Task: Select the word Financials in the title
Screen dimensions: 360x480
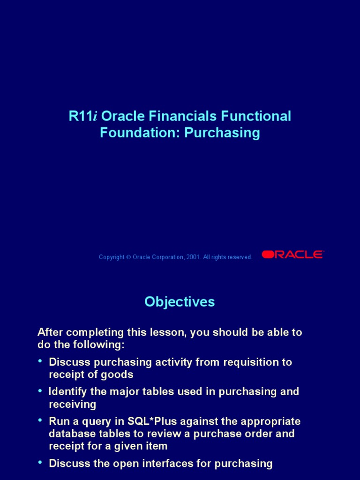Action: [183, 116]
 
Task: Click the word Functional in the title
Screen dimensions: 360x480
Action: [256, 116]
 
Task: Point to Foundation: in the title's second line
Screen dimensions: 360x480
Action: [140, 133]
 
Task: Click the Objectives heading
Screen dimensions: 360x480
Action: [180, 301]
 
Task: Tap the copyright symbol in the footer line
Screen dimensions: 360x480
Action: [128, 257]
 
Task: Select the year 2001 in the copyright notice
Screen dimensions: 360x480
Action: [193, 257]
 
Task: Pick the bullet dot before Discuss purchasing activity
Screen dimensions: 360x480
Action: [40, 361]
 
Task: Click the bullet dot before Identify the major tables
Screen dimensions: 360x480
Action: [40, 390]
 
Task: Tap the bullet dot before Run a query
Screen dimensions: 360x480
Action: [40, 420]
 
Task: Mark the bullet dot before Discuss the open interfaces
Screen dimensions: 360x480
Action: [40, 462]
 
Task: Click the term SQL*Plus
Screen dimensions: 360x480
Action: [152, 421]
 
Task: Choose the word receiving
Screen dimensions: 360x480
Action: [73, 405]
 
